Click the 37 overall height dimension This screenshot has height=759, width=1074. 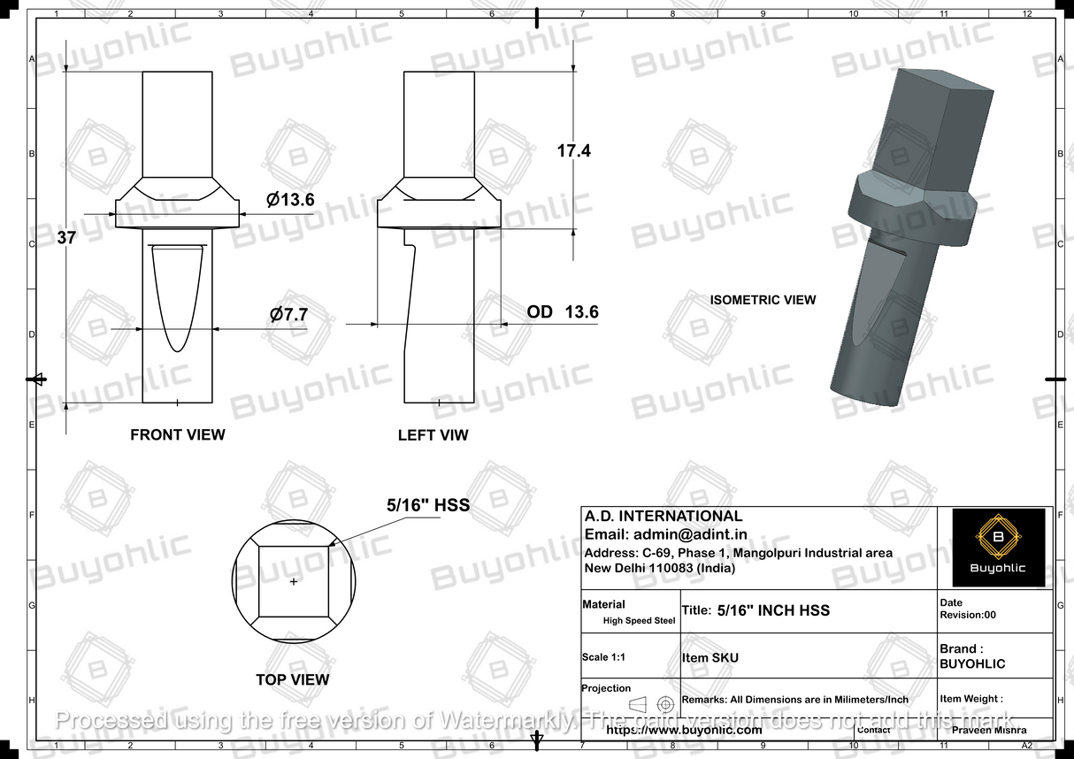(x=65, y=237)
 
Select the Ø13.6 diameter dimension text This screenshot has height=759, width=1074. (x=290, y=200)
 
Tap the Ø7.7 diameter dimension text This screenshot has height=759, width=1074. (x=288, y=314)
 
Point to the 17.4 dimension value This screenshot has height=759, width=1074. (x=573, y=151)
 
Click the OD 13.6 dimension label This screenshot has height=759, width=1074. (x=563, y=312)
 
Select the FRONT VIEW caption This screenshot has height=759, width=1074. (x=177, y=434)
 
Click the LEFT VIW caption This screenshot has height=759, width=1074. (x=433, y=435)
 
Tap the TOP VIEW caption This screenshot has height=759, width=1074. (x=292, y=679)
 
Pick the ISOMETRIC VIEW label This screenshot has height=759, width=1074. (x=763, y=300)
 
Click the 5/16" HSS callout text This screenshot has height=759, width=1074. (x=428, y=505)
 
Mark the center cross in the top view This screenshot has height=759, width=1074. (x=294, y=581)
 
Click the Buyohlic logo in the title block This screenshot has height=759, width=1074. (x=997, y=547)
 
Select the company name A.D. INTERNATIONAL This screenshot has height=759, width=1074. (x=664, y=516)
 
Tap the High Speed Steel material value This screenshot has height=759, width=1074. (x=639, y=620)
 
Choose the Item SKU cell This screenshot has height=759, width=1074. (x=710, y=657)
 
